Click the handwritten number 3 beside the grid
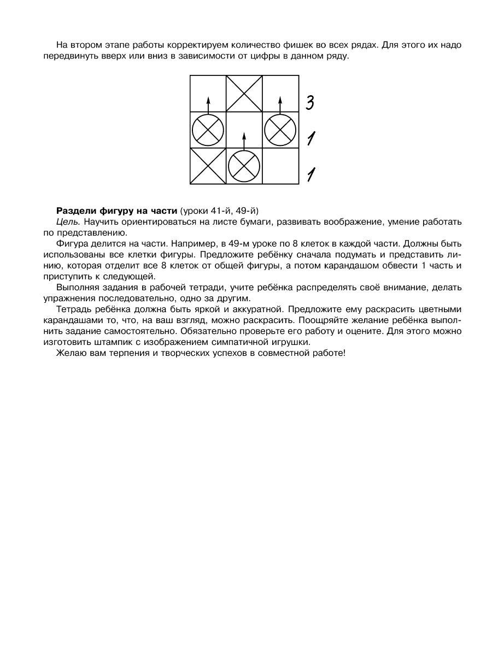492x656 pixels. click(309, 102)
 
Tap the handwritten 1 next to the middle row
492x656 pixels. click(310, 138)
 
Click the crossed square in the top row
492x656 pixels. click(244, 93)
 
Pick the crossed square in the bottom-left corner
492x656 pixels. click(208, 166)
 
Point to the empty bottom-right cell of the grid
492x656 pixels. click(280, 166)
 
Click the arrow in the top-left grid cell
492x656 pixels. click(208, 104)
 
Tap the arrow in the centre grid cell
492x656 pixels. click(244, 139)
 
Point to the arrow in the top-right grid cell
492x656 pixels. click(280, 104)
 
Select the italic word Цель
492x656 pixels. click(68, 221)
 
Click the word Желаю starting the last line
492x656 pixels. click(70, 353)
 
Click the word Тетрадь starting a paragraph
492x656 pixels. click(73, 309)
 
